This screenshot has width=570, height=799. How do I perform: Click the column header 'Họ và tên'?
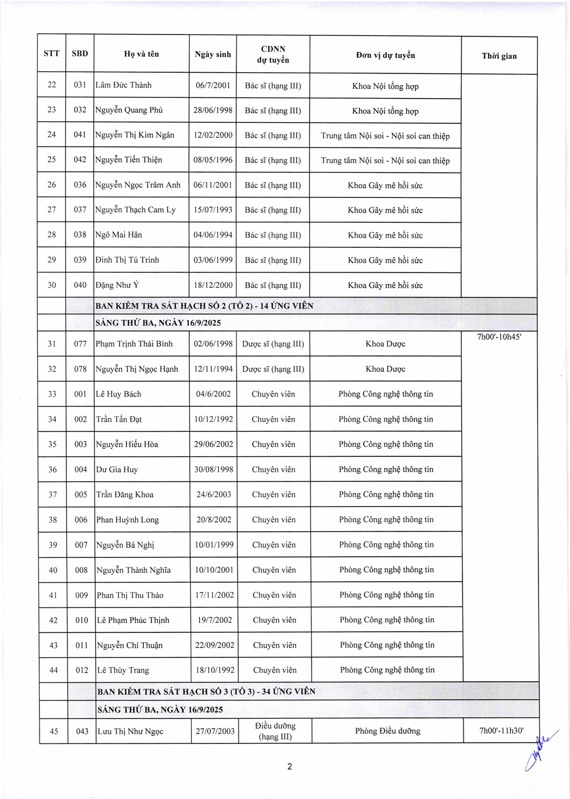point(142,54)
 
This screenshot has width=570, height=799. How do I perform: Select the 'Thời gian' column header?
point(499,56)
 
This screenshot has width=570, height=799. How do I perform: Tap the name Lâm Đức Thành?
point(123,86)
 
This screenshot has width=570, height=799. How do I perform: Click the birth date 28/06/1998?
point(213,110)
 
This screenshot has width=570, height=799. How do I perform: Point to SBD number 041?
point(80,135)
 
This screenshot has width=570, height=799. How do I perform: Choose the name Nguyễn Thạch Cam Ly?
point(135,210)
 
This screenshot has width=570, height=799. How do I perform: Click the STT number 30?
point(52,285)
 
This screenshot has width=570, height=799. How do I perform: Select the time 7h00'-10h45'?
point(499,337)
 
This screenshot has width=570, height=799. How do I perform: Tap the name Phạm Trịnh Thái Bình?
point(134,344)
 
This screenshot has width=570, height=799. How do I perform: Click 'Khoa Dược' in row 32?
point(385,369)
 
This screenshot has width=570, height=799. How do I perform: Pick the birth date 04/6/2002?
point(213,394)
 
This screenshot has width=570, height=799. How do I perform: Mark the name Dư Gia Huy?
point(117,470)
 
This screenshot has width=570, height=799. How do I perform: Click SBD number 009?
point(81,595)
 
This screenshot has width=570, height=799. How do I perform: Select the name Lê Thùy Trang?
point(123,670)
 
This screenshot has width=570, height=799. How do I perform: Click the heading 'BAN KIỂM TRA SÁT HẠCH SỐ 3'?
point(206,692)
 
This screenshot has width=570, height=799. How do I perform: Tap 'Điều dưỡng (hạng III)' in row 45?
point(275,731)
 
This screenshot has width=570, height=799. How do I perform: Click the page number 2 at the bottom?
point(289,766)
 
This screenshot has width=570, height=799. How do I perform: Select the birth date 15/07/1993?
point(213,210)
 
